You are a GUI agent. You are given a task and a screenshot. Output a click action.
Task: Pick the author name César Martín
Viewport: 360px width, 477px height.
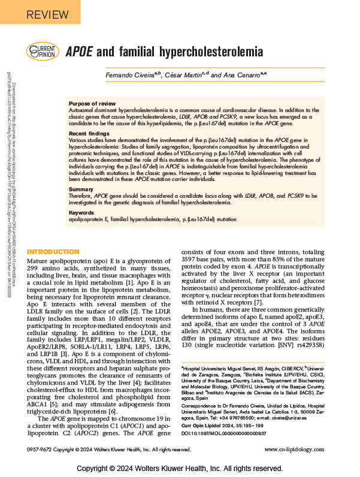coord(201,76)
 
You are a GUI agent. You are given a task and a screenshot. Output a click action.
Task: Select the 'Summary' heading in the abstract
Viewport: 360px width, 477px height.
coord(81,189)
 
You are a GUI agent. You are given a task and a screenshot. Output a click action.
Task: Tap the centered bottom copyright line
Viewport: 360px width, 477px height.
coord(180,467)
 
